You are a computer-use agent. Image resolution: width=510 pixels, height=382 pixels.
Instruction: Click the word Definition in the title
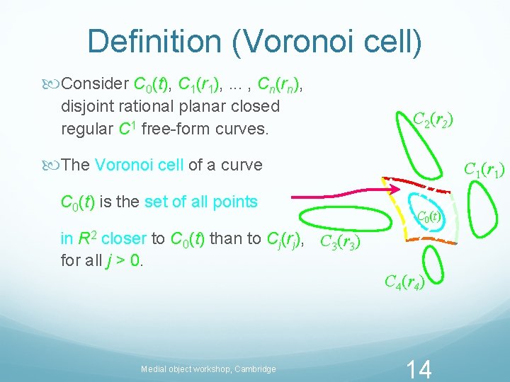(152, 42)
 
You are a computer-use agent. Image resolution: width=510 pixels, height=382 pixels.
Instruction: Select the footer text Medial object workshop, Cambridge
(208, 369)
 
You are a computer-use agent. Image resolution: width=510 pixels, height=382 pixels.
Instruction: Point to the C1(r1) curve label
(483, 170)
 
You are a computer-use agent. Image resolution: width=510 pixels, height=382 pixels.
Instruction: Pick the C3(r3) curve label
(341, 243)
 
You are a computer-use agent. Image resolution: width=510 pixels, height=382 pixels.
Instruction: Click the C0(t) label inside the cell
(429, 216)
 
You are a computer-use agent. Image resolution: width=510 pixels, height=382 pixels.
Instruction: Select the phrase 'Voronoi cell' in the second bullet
(139, 165)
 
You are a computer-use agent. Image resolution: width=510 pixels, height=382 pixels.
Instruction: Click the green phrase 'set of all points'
(200, 202)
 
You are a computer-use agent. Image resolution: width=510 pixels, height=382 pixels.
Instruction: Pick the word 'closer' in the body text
(121, 238)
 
